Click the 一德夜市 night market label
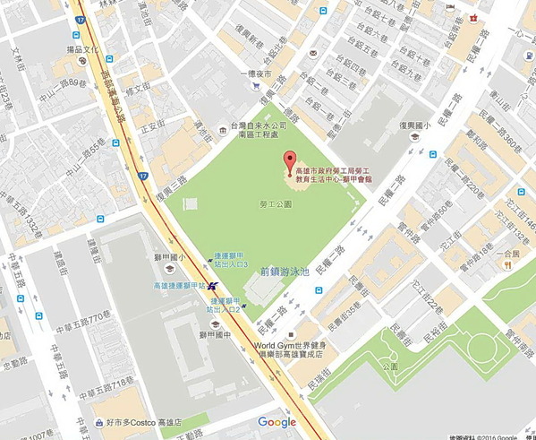click(256, 74)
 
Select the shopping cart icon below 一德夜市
click(257, 87)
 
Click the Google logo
click(277, 422)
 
